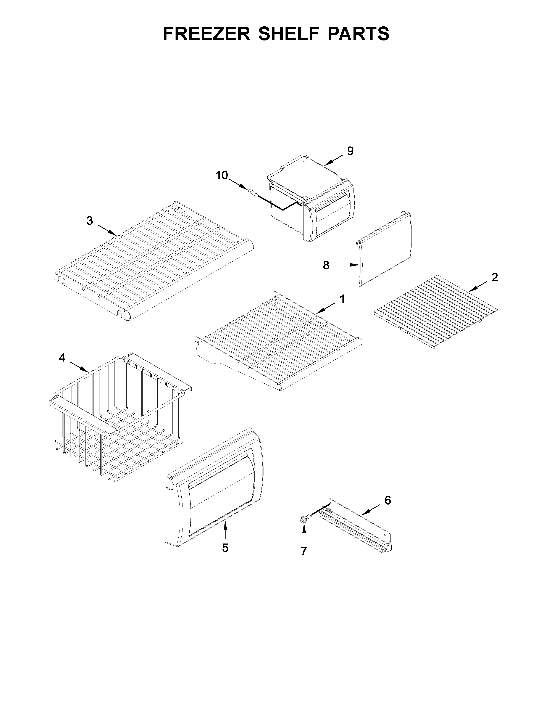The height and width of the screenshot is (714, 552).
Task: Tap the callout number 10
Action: coord(222,175)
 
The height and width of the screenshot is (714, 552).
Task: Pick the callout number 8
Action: coord(326,265)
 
